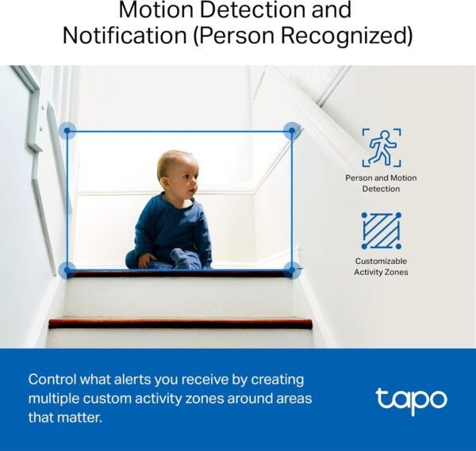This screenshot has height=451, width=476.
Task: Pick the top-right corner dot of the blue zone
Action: click(x=292, y=131)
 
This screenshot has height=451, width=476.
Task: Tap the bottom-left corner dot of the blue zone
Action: click(x=68, y=270)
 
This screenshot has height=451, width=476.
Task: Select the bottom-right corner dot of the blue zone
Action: click(x=292, y=270)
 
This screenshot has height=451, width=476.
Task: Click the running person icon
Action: click(x=381, y=147)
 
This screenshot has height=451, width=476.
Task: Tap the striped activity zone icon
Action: click(x=381, y=230)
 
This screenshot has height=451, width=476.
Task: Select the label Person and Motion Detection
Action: click(x=381, y=183)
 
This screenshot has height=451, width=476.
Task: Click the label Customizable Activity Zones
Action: click(x=381, y=266)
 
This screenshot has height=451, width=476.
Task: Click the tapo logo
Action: click(x=411, y=399)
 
